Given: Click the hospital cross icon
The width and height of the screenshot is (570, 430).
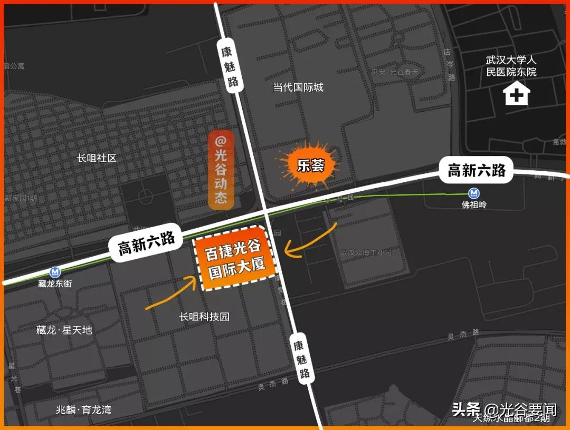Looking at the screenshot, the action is click(x=517, y=95).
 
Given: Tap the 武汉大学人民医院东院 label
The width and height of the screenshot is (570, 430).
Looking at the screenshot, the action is click(x=511, y=66).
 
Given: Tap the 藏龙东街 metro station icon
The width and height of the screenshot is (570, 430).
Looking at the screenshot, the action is click(x=55, y=272).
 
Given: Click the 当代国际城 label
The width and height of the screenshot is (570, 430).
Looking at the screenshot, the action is click(x=298, y=87).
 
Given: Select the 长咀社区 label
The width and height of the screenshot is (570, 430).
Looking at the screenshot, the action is click(x=96, y=158).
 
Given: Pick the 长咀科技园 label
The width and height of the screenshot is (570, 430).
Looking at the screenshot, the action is click(x=204, y=317).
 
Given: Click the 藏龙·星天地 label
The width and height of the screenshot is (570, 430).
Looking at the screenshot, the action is click(x=64, y=330).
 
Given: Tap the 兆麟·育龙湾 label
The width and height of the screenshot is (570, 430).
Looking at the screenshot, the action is click(x=83, y=409).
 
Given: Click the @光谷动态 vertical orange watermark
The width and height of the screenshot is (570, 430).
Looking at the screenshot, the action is click(x=221, y=170).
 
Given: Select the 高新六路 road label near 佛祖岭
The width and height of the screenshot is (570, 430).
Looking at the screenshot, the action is click(x=477, y=170).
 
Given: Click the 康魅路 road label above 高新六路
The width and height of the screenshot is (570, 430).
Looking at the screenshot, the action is click(x=230, y=65).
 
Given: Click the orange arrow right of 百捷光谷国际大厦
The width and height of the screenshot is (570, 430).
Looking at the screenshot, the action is click(x=311, y=241).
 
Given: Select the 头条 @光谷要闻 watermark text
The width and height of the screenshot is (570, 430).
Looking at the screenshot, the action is click(x=504, y=409).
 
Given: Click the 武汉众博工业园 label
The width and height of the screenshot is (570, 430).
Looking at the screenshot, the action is click(x=365, y=252).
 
